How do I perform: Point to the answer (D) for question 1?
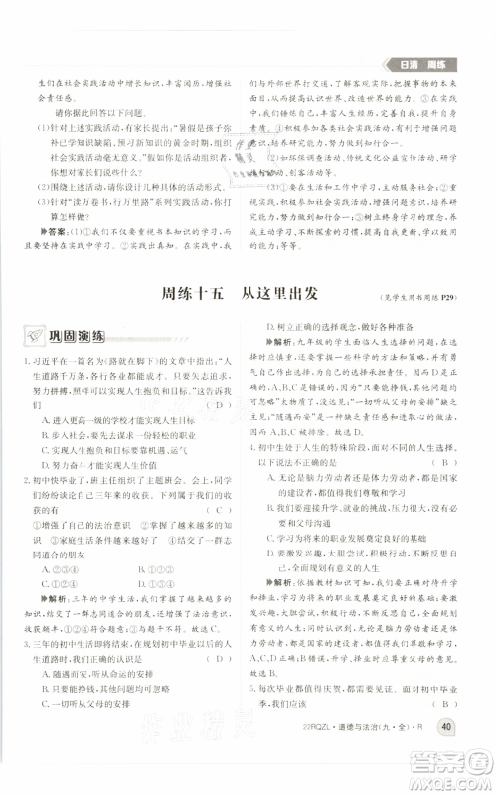click(220, 404)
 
